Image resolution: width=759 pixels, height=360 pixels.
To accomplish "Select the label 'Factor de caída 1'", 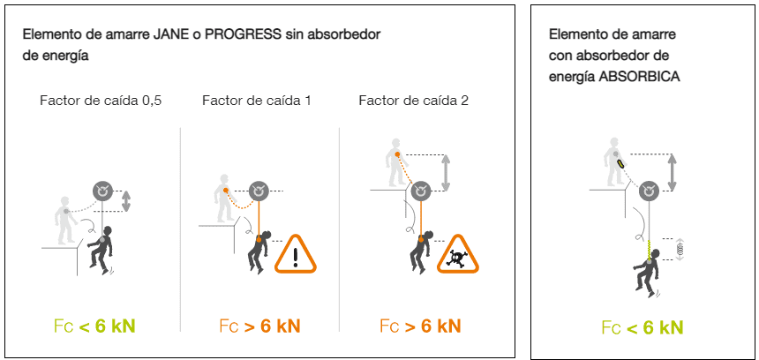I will click(257, 101).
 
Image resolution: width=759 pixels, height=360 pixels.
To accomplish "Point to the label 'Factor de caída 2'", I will click(413, 101).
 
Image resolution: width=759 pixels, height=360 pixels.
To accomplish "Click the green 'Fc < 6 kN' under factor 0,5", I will click(94, 326).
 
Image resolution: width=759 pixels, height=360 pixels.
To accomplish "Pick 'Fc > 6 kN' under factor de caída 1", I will click(259, 326).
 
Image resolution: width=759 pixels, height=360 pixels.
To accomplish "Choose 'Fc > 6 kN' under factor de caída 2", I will click(419, 326).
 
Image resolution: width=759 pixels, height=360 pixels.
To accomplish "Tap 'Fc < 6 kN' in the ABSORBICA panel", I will click(643, 328).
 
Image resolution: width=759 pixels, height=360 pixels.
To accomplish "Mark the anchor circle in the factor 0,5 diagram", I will click(105, 191).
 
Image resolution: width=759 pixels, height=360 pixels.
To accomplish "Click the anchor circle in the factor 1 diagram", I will click(259, 190).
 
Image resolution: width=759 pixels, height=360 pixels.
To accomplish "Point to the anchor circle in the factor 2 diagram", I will click(421, 190).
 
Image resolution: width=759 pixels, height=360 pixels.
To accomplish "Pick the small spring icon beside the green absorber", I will click(679, 250).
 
